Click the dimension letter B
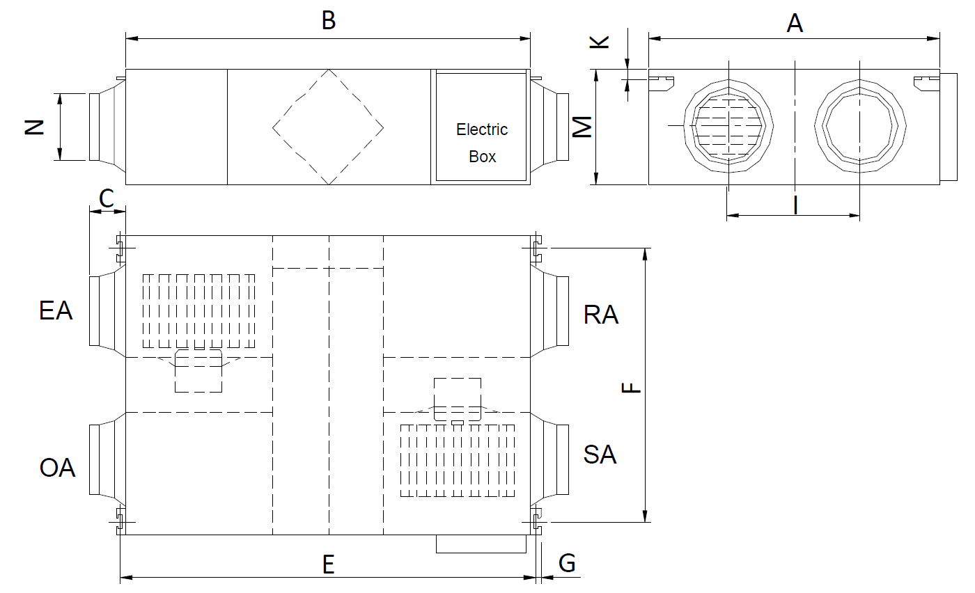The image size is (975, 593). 328,21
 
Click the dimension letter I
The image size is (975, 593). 795,205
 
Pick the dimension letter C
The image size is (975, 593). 107,198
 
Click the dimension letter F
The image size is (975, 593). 631,388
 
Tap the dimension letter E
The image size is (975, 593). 329,564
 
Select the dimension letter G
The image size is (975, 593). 568,563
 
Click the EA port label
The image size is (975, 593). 56,310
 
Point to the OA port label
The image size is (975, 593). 57,468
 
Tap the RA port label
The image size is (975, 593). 601,315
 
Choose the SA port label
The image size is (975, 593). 600,454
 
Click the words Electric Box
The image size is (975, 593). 482,143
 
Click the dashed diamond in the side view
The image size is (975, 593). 328,127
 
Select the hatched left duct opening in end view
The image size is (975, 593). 728,127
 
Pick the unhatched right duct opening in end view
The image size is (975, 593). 860,127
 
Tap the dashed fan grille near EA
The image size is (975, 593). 199,310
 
